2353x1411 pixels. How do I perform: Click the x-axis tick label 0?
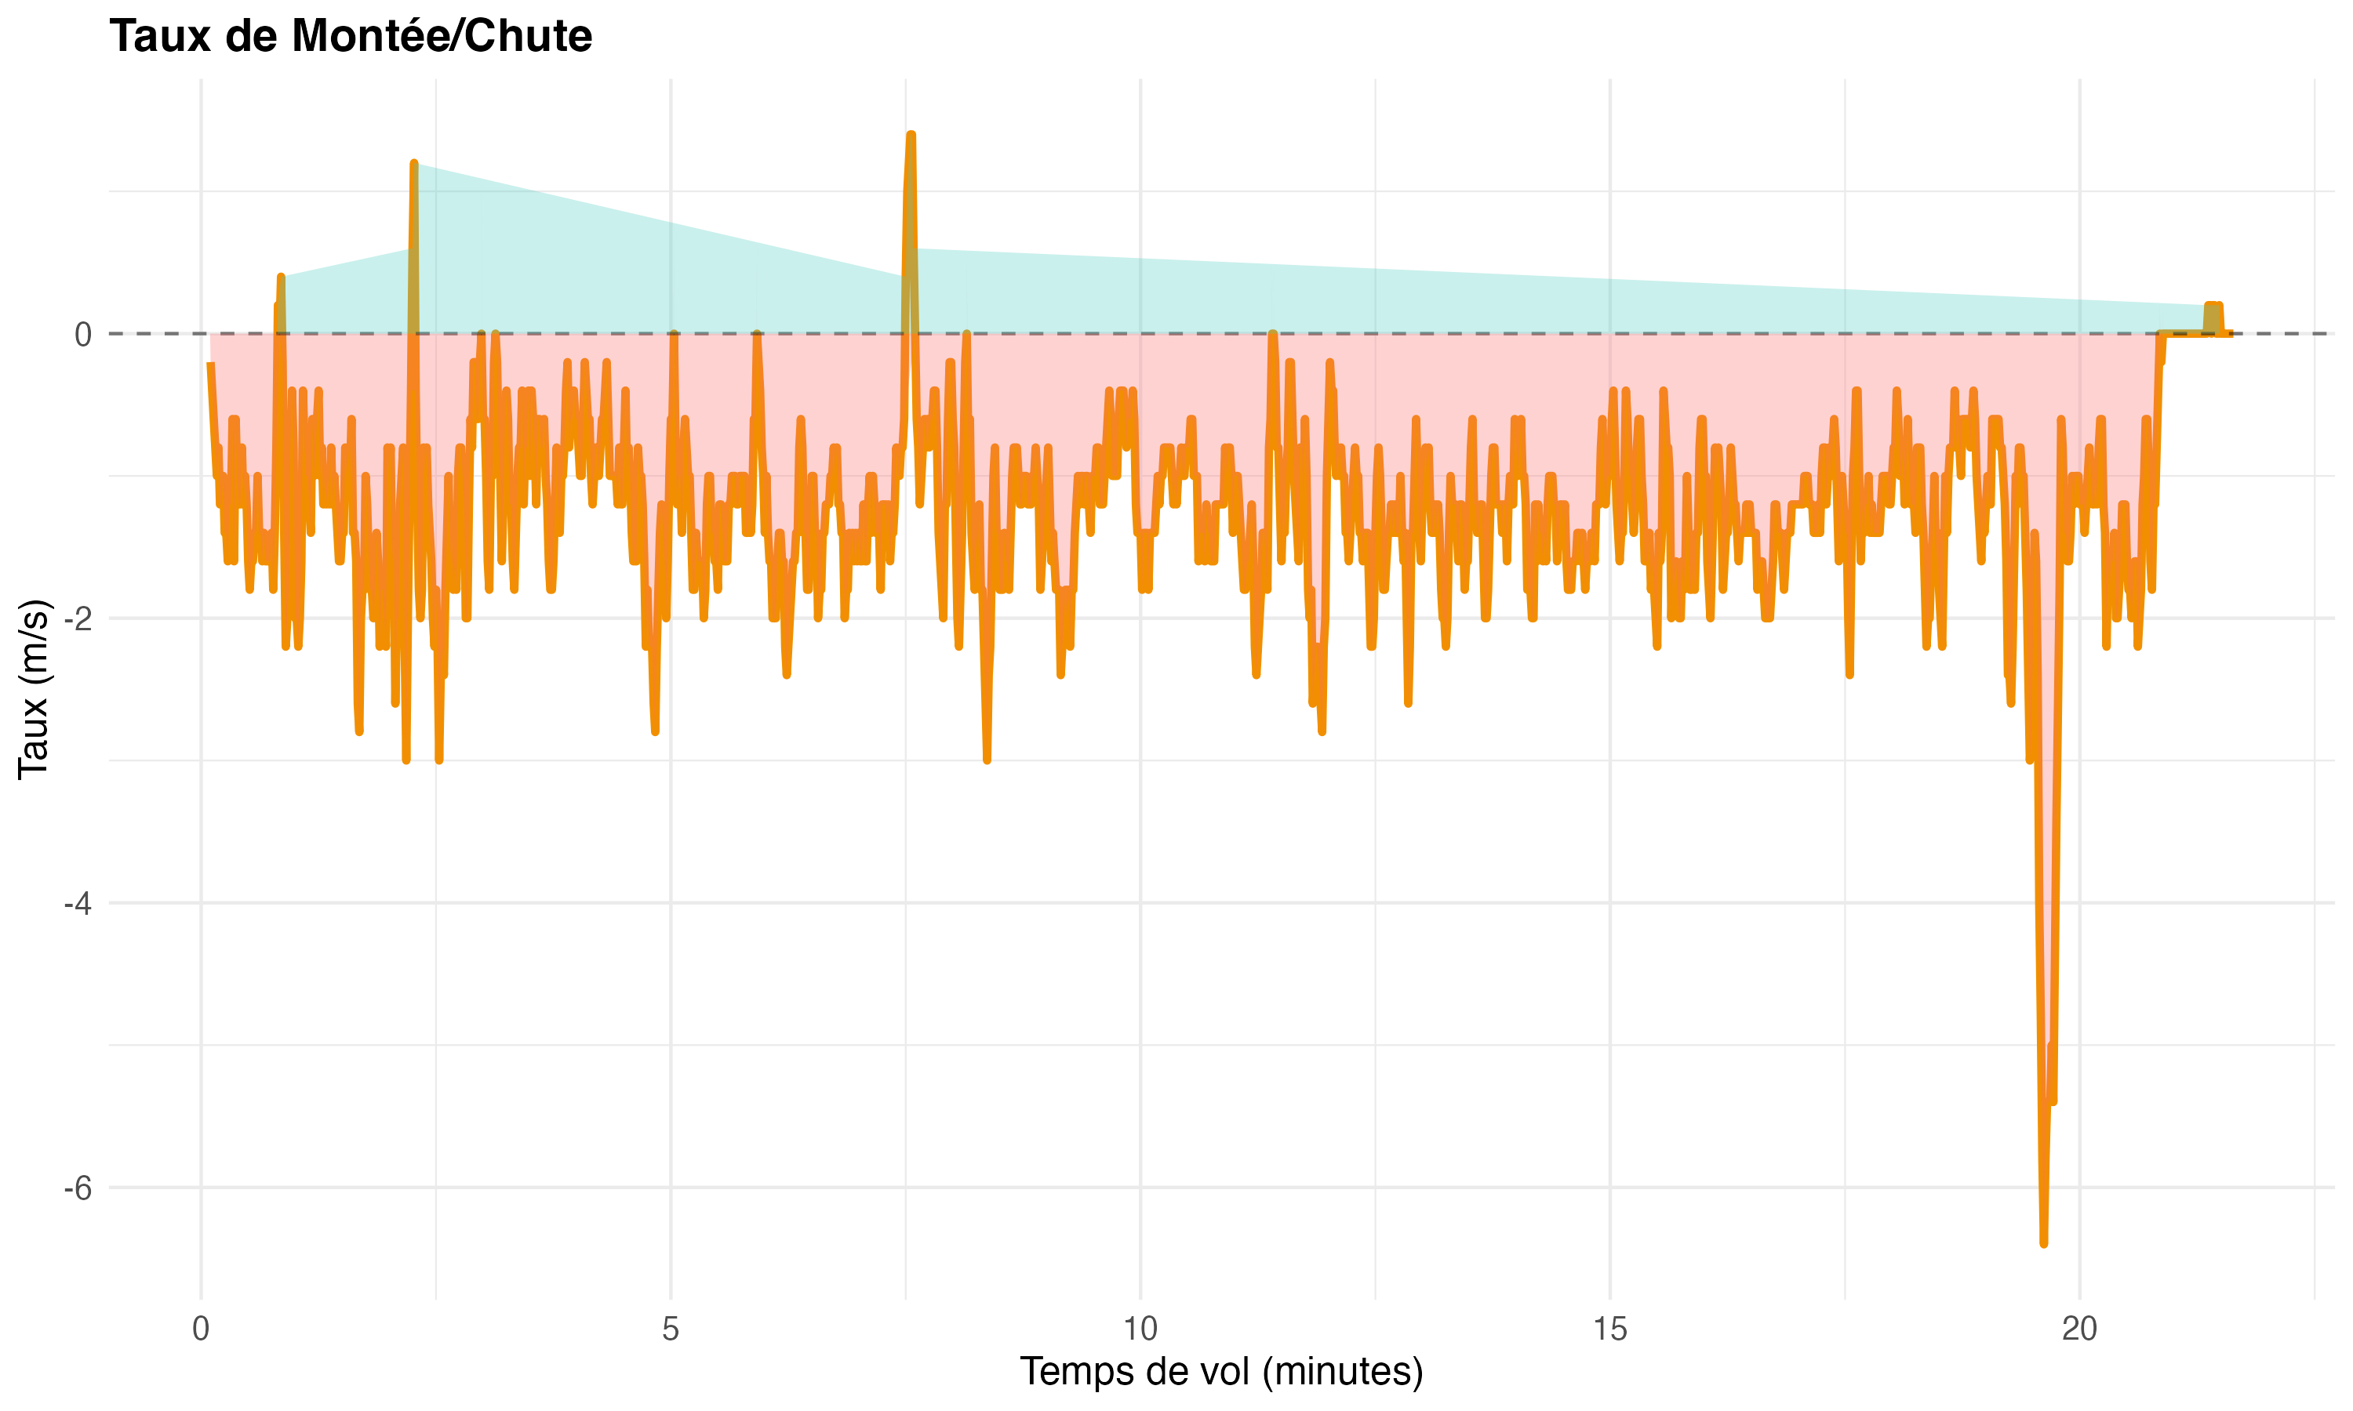201,1329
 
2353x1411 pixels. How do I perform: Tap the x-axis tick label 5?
671,1329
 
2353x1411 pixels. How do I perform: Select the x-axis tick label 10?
1140,1329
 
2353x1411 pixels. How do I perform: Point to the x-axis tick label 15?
1609,1329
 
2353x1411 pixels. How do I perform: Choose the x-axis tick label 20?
2079,1329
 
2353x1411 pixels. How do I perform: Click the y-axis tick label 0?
82,335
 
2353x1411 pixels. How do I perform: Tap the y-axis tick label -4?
77,903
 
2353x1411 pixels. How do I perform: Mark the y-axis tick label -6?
77,1188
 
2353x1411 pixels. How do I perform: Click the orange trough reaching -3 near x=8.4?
987,760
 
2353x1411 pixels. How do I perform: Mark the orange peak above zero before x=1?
281,277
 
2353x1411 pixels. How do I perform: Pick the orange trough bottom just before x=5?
655,732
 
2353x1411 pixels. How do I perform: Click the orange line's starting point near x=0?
209,365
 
